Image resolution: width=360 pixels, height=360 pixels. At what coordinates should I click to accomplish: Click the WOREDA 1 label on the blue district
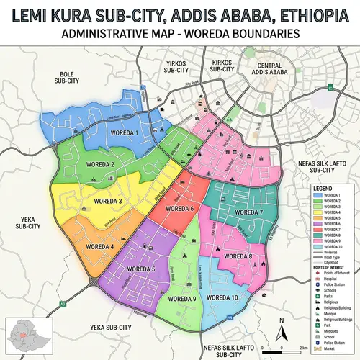tap(125, 133)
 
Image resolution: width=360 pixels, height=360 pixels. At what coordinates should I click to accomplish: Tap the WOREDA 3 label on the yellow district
tap(110, 201)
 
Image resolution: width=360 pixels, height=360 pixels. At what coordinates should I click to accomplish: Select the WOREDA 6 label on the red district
tap(181, 209)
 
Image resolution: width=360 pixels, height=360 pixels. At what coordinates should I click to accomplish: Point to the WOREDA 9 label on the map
tap(183, 298)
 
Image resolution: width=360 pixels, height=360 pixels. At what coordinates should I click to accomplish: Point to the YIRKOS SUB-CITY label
tap(176, 67)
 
